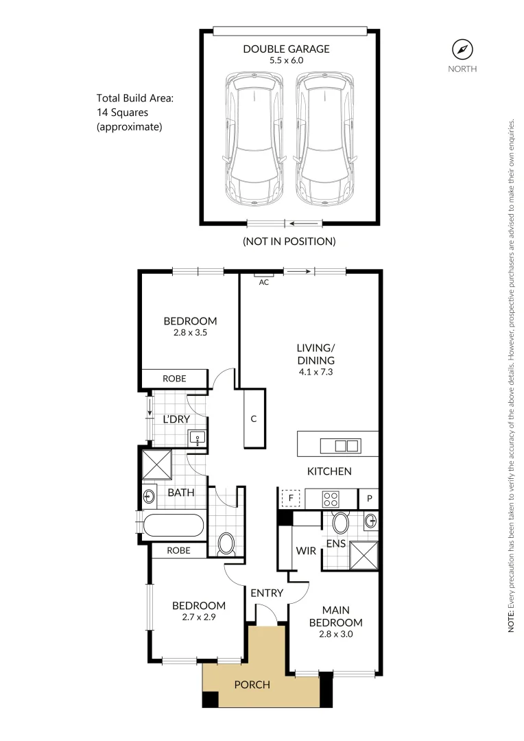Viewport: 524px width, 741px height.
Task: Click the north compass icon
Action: [x=462, y=49]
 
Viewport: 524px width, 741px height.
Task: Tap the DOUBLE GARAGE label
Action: [x=287, y=49]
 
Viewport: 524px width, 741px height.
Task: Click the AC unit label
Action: [x=263, y=281]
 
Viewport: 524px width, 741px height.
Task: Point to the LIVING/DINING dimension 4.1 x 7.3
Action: [x=316, y=372]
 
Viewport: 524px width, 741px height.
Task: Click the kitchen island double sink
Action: [x=346, y=445]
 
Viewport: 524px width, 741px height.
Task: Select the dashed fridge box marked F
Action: [x=291, y=497]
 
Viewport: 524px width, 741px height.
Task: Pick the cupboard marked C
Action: [x=253, y=419]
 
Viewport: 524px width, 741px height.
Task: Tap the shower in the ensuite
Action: [x=364, y=555]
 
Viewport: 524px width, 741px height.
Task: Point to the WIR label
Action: [x=305, y=550]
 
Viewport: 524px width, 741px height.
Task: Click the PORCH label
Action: [x=252, y=684]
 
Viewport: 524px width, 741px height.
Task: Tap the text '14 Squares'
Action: [x=123, y=112]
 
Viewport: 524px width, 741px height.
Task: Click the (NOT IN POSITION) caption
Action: [x=289, y=242]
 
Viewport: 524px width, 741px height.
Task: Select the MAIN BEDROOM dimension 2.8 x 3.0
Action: [x=335, y=635]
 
